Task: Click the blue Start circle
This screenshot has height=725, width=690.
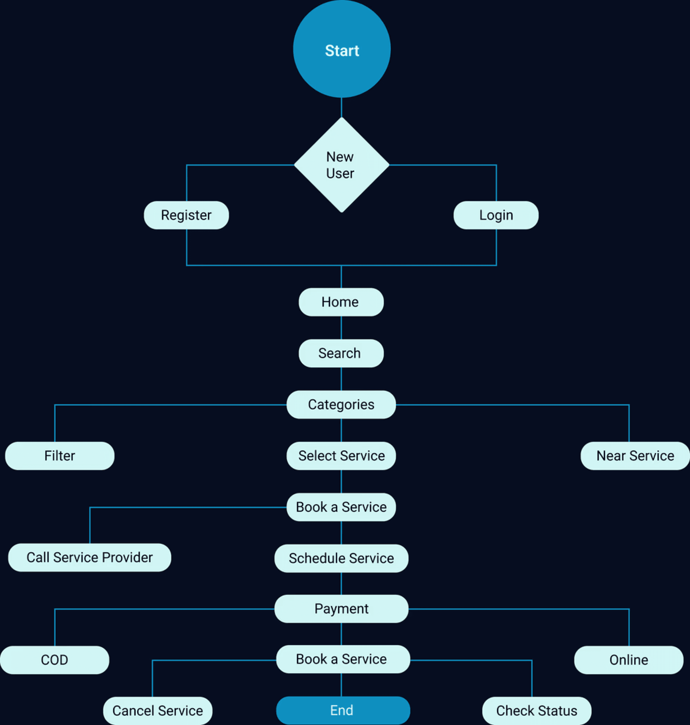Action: tap(342, 49)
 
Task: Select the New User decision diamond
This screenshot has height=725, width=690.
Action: tap(342, 165)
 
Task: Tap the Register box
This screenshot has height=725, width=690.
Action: tap(186, 215)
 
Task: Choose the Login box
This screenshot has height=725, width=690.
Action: tap(496, 215)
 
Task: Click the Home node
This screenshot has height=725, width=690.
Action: tap(341, 302)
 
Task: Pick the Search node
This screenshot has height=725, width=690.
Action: tap(341, 353)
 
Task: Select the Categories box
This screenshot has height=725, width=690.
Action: tap(341, 404)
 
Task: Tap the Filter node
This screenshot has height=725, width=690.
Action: tap(59, 456)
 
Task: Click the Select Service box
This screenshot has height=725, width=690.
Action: tap(341, 456)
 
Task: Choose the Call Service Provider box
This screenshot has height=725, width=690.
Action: tap(89, 558)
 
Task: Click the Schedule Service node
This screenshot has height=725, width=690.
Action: tap(341, 558)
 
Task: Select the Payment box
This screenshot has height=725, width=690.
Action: tap(341, 609)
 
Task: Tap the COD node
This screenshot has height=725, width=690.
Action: tap(54, 660)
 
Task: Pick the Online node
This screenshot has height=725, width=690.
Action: tap(629, 660)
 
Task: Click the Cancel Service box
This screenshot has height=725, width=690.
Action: tap(157, 711)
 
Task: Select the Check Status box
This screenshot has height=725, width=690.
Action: tap(537, 711)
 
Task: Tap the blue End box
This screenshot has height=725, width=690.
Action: tap(343, 710)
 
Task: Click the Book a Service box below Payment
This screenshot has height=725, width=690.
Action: tap(343, 659)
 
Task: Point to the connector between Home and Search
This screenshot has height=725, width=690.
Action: tap(341, 328)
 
